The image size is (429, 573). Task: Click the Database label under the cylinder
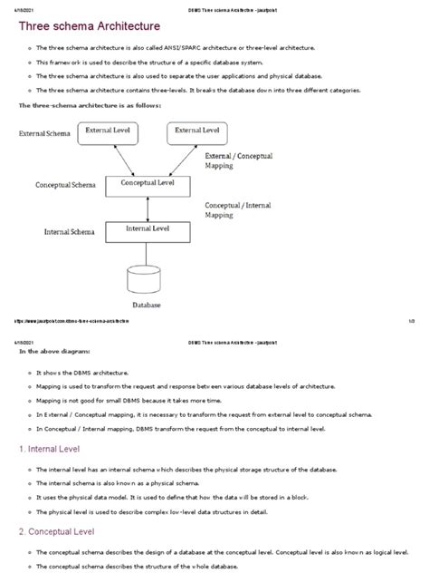[x=147, y=306]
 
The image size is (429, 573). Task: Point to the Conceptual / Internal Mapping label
[x=239, y=209]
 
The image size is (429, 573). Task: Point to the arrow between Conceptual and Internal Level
[x=150, y=209]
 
